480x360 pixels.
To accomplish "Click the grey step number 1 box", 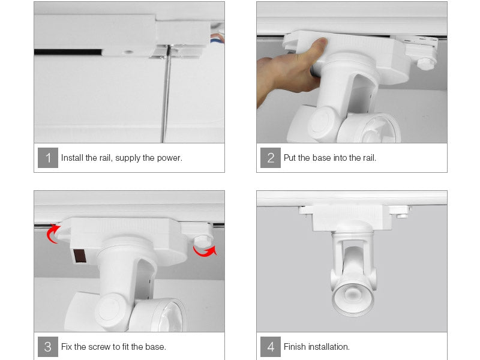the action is pyautogui.click(x=48, y=158).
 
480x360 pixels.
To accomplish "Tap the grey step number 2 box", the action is pyautogui.click(x=271, y=158).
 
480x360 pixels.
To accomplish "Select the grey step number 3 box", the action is pyautogui.click(x=48, y=347).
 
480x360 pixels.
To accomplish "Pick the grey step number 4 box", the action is pyautogui.click(x=271, y=347).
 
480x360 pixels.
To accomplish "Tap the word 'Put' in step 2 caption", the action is pyautogui.click(x=290, y=158).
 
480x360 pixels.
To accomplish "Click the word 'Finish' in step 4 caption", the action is pyautogui.click(x=295, y=347).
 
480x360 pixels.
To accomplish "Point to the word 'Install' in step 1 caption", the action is pyautogui.click(x=72, y=158).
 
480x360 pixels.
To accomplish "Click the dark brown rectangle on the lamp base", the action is pyautogui.click(x=80, y=256).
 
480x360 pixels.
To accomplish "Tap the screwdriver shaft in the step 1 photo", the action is pyautogui.click(x=166, y=95).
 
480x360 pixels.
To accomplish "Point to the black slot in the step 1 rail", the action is pyautogui.click(x=68, y=52).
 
